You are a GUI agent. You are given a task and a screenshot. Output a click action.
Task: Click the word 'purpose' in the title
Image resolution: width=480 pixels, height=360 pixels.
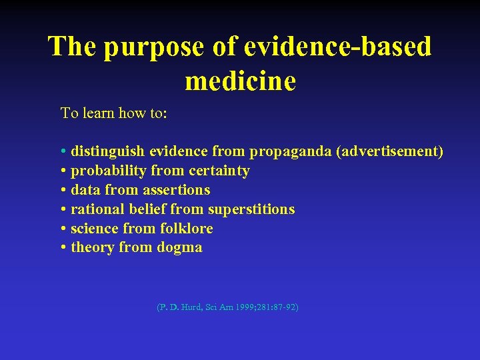[x=141, y=47]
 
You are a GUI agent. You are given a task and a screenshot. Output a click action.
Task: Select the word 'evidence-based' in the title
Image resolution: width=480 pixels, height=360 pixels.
[x=338, y=47]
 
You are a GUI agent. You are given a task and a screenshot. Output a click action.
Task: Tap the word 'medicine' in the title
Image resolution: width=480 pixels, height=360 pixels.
[x=240, y=81]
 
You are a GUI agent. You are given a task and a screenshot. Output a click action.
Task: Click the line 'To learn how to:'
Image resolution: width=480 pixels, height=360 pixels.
[x=114, y=113]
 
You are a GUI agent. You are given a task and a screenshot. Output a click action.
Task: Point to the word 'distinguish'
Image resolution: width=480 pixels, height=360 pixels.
[x=109, y=152]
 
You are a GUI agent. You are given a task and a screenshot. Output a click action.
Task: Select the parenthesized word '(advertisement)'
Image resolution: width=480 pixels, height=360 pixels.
[x=390, y=152]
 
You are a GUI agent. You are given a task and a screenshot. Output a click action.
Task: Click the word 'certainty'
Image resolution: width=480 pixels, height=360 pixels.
[x=219, y=171]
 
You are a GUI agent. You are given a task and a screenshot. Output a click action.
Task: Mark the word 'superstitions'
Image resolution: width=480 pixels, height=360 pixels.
[x=251, y=209]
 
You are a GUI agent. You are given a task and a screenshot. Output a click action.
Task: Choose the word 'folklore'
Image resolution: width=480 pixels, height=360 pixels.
[x=187, y=229]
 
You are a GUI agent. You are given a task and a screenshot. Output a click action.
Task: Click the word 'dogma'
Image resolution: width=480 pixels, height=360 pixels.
[x=179, y=248]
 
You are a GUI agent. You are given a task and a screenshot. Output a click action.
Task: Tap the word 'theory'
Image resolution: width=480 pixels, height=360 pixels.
[x=93, y=248]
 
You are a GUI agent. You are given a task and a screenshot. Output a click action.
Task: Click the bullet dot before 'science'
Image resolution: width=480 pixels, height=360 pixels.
[x=63, y=229]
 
